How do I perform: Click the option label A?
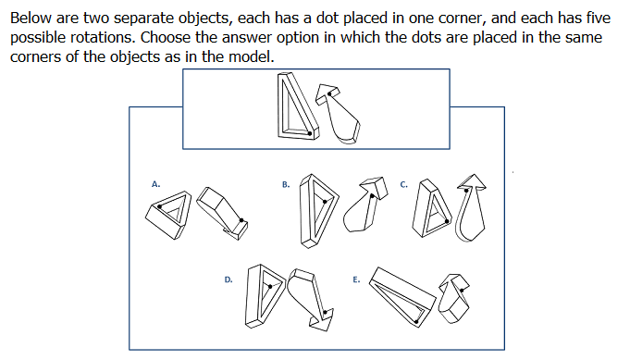tap(156, 184)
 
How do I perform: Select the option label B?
tap(286, 184)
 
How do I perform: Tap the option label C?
tap(403, 184)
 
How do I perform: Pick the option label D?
tap(229, 279)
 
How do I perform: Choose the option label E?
tap(356, 279)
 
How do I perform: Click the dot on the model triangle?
tap(309, 133)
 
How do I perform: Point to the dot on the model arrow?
tap(329, 94)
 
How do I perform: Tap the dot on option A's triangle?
tap(159, 206)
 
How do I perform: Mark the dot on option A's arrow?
tap(241, 220)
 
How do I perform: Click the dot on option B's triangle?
tap(325, 202)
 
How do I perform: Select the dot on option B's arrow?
tap(372, 196)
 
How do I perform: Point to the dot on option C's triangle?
tap(447, 221)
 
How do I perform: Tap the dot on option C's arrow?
tap(466, 191)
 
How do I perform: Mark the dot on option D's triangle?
tap(270, 287)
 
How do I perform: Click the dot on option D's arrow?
tap(325, 312)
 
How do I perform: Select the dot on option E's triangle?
tap(416, 321)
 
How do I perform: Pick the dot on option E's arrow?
tap(462, 290)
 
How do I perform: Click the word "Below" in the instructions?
tap(31, 19)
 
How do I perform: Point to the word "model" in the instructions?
tap(251, 56)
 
